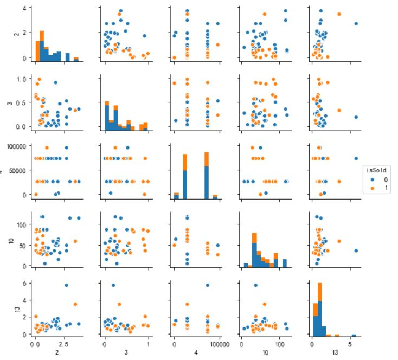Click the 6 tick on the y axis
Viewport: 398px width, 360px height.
click(25, 283)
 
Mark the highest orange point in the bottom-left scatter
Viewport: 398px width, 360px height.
click(75, 304)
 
